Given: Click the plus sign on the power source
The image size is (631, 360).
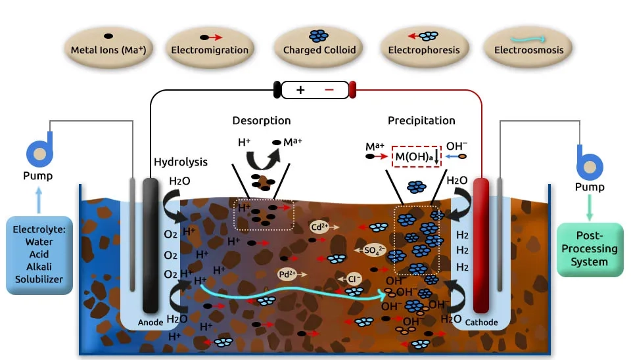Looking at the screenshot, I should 301,90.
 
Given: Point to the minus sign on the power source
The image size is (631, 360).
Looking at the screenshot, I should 329,90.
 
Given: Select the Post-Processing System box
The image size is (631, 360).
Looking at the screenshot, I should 589,249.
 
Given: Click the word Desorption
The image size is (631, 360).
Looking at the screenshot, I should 261,121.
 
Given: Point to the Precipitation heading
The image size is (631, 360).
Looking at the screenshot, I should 421,121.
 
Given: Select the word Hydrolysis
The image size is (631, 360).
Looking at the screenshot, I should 181,162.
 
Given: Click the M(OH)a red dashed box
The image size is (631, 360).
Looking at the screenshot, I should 415,156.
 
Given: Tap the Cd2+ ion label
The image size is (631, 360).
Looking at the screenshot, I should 319,227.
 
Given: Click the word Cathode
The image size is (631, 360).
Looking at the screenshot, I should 481,323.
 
